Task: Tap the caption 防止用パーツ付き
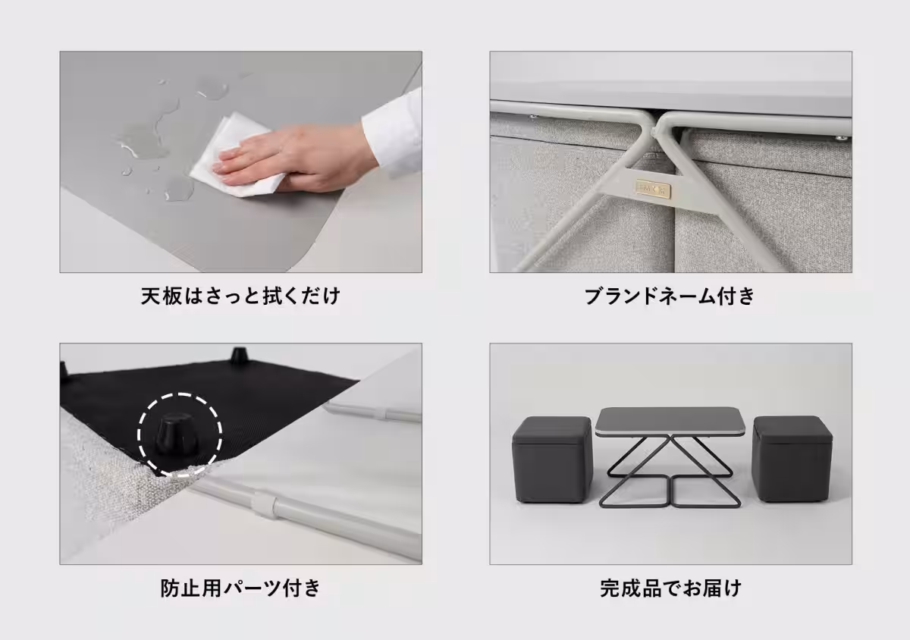(240, 588)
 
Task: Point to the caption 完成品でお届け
(670, 588)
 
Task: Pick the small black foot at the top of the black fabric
(240, 354)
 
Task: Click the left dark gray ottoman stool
(551, 459)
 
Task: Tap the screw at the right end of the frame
(839, 138)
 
